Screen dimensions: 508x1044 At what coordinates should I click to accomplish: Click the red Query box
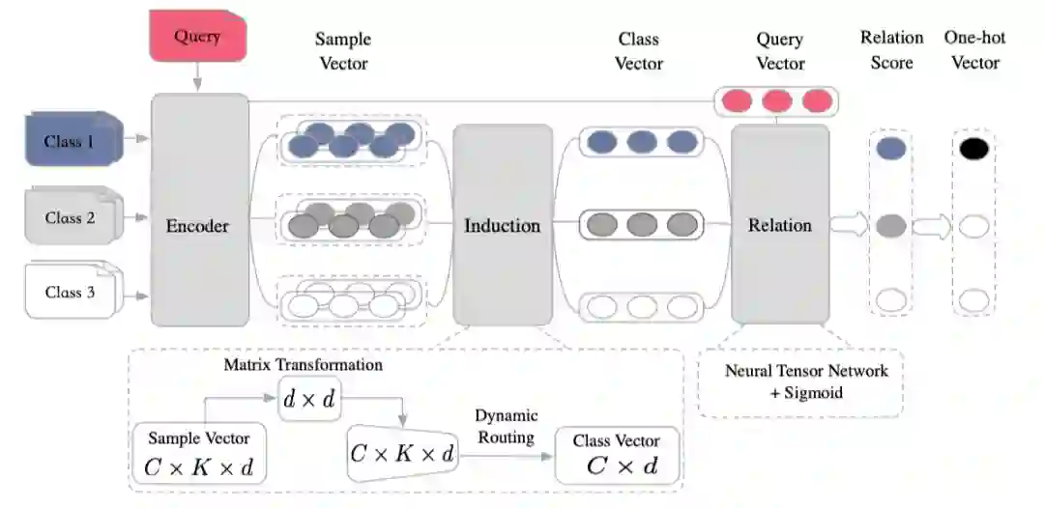(x=197, y=38)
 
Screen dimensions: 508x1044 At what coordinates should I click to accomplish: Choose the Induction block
(x=502, y=225)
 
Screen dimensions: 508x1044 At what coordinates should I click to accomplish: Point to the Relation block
(x=779, y=224)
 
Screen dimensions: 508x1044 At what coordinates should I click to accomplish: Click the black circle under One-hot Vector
(x=973, y=149)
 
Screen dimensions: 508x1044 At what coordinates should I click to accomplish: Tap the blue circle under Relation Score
(x=891, y=149)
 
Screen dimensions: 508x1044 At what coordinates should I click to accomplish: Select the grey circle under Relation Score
(x=891, y=226)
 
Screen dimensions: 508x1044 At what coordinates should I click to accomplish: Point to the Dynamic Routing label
(x=505, y=426)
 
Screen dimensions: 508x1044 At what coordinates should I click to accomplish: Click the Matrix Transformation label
(x=304, y=365)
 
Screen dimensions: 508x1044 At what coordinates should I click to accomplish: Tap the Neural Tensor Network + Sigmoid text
(x=806, y=381)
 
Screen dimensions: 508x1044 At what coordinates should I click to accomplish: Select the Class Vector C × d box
(x=618, y=455)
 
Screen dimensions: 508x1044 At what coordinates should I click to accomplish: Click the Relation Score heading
(x=891, y=50)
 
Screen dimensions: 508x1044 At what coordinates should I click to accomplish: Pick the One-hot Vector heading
(x=974, y=50)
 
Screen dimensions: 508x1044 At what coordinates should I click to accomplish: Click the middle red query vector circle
(x=776, y=100)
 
